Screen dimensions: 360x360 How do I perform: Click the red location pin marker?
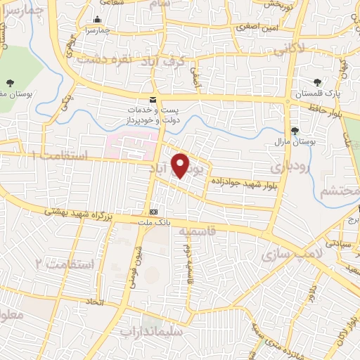181,165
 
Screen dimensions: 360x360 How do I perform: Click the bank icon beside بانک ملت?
153,212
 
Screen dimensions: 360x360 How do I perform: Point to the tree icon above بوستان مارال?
295,131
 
